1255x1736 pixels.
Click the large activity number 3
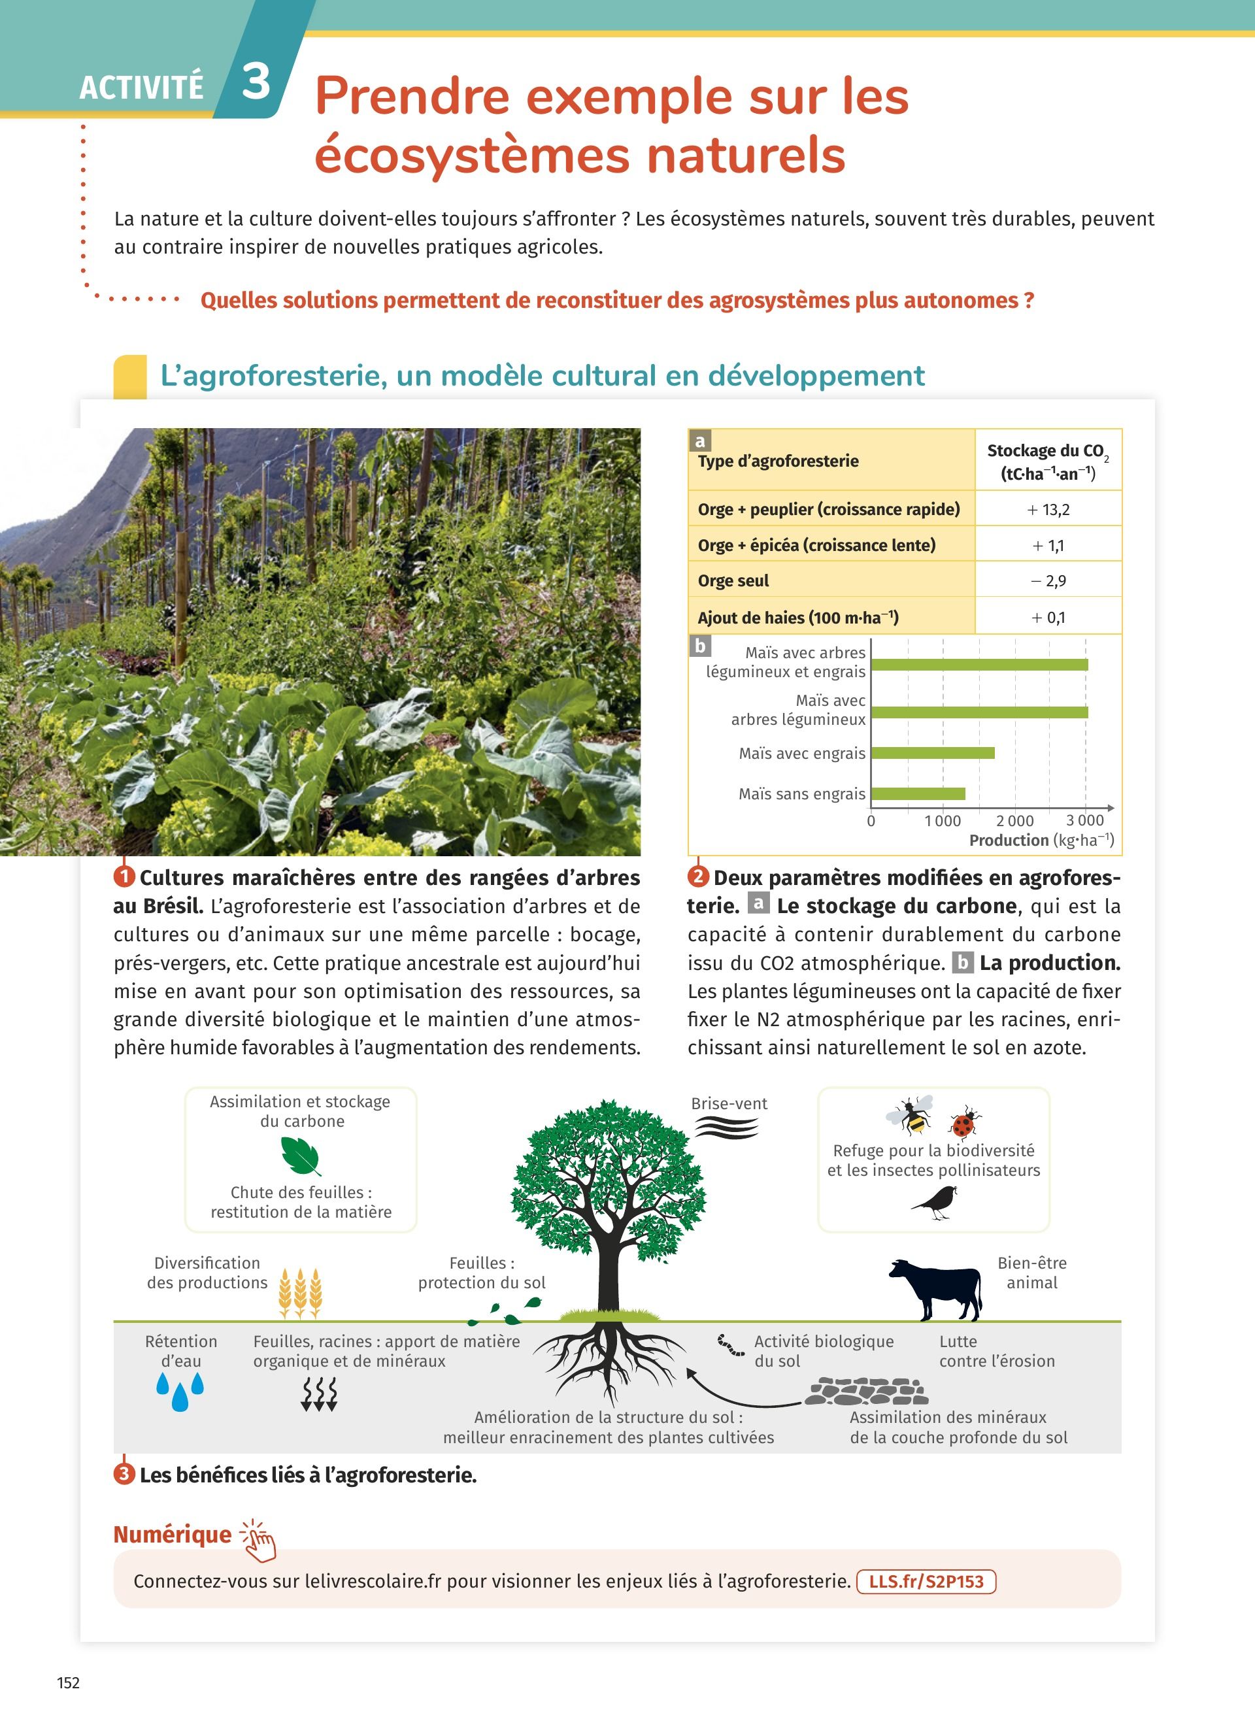[256, 81]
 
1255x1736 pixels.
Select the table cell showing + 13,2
[1048, 509]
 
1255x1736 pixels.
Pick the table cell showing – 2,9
[1048, 581]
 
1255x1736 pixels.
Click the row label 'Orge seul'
[733, 581]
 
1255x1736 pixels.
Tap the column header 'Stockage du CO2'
[1048, 461]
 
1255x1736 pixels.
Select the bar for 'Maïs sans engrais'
[918, 793]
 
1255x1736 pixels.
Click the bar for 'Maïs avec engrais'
[933, 753]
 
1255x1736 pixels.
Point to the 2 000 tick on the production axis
[1014, 820]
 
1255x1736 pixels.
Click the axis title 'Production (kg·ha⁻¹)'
[1041, 841]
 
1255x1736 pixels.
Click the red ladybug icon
[964, 1124]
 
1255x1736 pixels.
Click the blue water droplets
[180, 1391]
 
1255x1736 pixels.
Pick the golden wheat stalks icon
[300, 1293]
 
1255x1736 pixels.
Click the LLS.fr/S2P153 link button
[926, 1581]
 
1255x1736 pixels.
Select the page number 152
[68, 1682]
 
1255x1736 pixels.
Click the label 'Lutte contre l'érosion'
[996, 1351]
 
